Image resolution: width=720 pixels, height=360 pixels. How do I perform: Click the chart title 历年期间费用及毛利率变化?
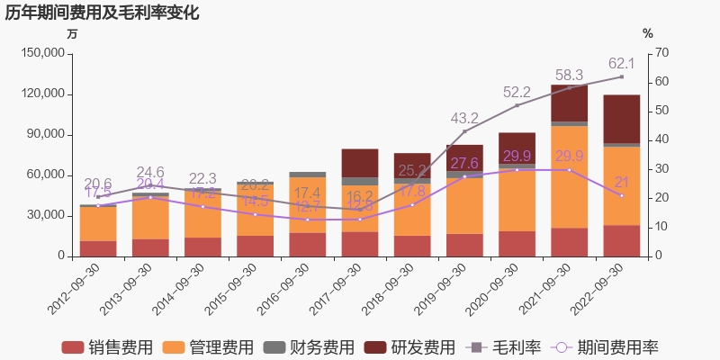pyautogui.click(x=103, y=13)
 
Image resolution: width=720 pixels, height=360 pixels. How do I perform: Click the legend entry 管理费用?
pyautogui.click(x=203, y=347)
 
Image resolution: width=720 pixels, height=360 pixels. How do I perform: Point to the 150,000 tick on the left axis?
pyautogui.click(x=41, y=53)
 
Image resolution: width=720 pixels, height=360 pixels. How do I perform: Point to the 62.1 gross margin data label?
pyautogui.click(x=622, y=63)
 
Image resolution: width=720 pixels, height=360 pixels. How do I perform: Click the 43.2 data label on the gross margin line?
pyautogui.click(x=464, y=118)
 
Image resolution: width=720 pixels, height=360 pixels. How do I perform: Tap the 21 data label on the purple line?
pyautogui.click(x=621, y=182)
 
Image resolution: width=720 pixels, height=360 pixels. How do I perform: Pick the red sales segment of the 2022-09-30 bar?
pyautogui.click(x=621, y=240)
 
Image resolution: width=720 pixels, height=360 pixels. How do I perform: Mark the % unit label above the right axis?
pyautogui.click(x=647, y=33)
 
